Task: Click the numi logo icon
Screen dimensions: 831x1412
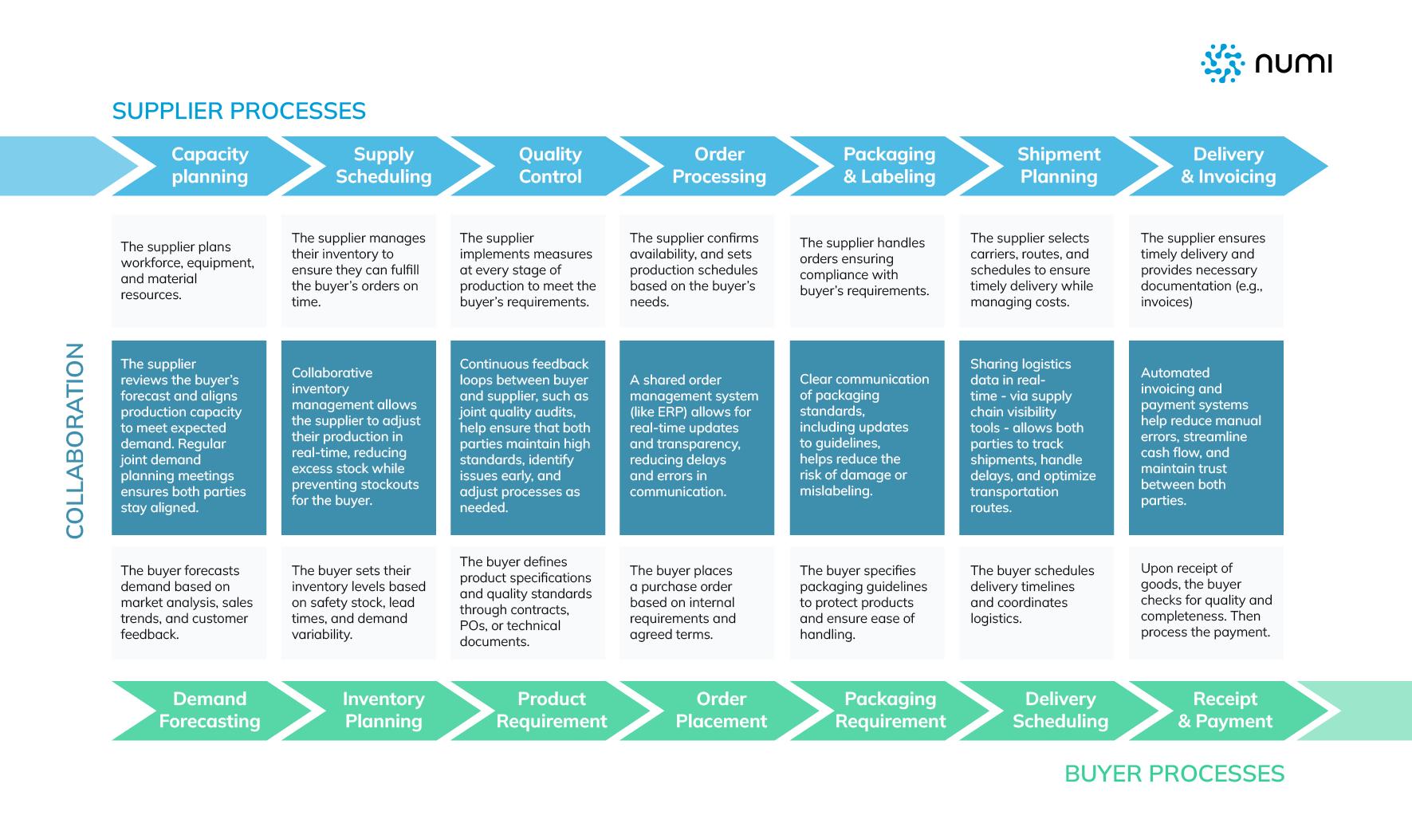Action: coord(1222,63)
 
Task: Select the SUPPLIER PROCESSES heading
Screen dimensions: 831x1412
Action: coord(238,111)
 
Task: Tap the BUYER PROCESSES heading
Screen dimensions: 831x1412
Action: coord(1174,774)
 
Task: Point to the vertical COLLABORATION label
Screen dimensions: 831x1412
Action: coord(75,440)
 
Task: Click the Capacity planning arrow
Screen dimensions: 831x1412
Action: coord(210,166)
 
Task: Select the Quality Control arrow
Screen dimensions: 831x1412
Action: coord(549,166)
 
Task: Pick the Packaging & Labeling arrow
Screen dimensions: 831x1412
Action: coord(889,166)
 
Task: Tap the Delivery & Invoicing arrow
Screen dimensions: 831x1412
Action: coord(1228,166)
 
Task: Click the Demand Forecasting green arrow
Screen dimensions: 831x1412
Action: coord(210,710)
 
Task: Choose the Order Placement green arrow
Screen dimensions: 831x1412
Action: coord(721,710)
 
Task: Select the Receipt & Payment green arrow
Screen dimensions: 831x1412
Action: coord(1225,710)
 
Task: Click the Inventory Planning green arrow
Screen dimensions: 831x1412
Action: coord(383,710)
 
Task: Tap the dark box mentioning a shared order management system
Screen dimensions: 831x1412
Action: coord(696,437)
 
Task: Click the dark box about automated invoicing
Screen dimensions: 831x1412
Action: coord(1206,437)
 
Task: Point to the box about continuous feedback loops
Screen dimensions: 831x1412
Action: coord(527,437)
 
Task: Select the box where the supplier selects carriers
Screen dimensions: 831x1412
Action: coord(1036,270)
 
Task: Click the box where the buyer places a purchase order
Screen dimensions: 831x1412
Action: coord(696,603)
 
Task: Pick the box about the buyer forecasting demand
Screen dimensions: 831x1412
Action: coord(188,603)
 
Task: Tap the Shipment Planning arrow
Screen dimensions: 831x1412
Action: coord(1058,166)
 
